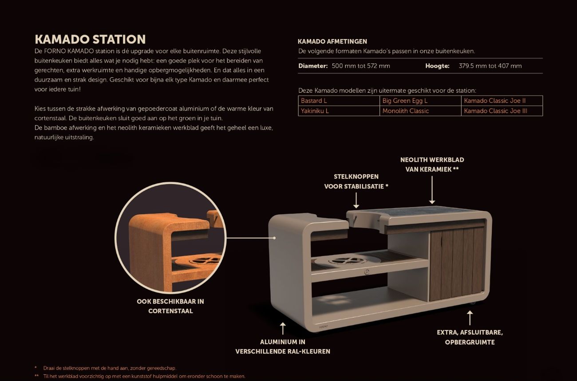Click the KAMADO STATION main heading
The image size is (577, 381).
90,39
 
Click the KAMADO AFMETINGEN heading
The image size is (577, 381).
332,42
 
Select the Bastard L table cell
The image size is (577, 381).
314,101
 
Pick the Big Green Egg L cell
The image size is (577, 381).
405,101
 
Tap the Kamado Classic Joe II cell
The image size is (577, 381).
494,101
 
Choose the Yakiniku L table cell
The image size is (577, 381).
315,111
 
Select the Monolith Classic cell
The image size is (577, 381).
405,111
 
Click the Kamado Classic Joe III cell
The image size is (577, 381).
495,111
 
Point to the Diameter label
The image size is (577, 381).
313,66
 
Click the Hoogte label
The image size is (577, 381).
437,66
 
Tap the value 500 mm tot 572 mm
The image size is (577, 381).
361,66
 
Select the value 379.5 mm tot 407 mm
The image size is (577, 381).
490,66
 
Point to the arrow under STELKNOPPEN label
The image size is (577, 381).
356,200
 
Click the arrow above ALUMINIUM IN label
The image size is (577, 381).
283,329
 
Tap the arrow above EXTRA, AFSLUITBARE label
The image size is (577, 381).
470,318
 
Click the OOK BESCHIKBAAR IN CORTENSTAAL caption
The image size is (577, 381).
170,306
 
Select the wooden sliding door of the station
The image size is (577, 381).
456,263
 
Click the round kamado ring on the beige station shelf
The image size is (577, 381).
341,262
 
